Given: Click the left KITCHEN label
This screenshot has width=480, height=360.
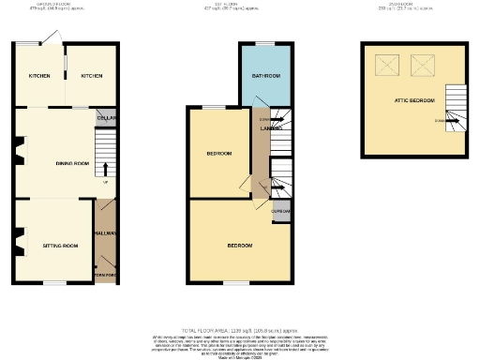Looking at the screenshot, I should coord(38,76).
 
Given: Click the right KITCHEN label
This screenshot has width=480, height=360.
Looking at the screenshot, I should coord(90,76).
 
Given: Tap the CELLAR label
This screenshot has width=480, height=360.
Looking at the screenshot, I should coord(105,118).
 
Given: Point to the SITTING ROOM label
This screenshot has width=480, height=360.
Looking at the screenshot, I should coord(60,246).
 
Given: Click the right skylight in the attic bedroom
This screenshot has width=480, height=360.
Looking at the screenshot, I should coord(424,66).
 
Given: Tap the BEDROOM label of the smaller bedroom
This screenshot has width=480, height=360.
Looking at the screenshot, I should coord(219,153).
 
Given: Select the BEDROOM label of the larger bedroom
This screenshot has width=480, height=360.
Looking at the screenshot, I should coord(240,246).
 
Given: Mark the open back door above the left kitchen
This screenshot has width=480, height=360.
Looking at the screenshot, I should coord(52,38).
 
